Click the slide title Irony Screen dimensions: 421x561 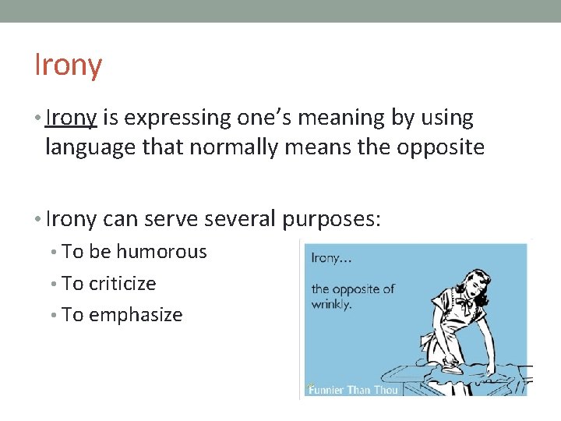pos(69,65)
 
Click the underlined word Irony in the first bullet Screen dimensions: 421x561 pos(71,118)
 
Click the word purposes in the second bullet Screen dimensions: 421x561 pos(331,219)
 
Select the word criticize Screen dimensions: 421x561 pos(122,284)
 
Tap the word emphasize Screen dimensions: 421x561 pos(136,315)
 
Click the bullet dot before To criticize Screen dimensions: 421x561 pos(55,284)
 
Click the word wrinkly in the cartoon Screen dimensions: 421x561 pos(331,305)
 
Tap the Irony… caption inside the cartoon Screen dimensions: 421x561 pos(331,258)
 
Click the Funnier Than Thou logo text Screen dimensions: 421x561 pos(353,389)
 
